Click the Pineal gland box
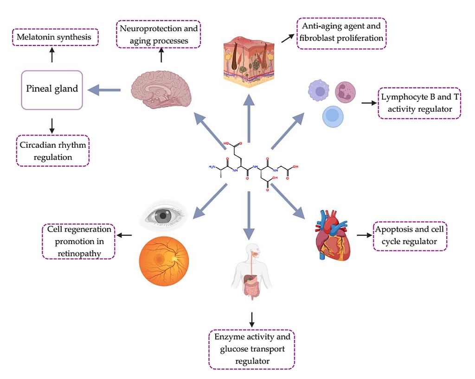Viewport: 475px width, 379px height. (x=52, y=89)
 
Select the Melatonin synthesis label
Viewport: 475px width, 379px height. (x=55, y=37)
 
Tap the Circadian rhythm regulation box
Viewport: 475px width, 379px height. (x=52, y=151)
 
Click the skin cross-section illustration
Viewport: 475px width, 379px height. (x=249, y=60)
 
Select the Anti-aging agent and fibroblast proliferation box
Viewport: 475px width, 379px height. (x=341, y=32)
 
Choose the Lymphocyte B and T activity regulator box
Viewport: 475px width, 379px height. (x=419, y=103)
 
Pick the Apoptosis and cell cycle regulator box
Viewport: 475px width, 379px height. (x=410, y=235)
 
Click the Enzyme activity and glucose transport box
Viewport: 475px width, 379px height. (x=251, y=349)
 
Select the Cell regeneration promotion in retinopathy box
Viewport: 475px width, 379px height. (x=79, y=241)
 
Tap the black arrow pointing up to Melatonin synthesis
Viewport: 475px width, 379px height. (x=52, y=56)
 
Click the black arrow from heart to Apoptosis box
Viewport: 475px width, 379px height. (x=363, y=236)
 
